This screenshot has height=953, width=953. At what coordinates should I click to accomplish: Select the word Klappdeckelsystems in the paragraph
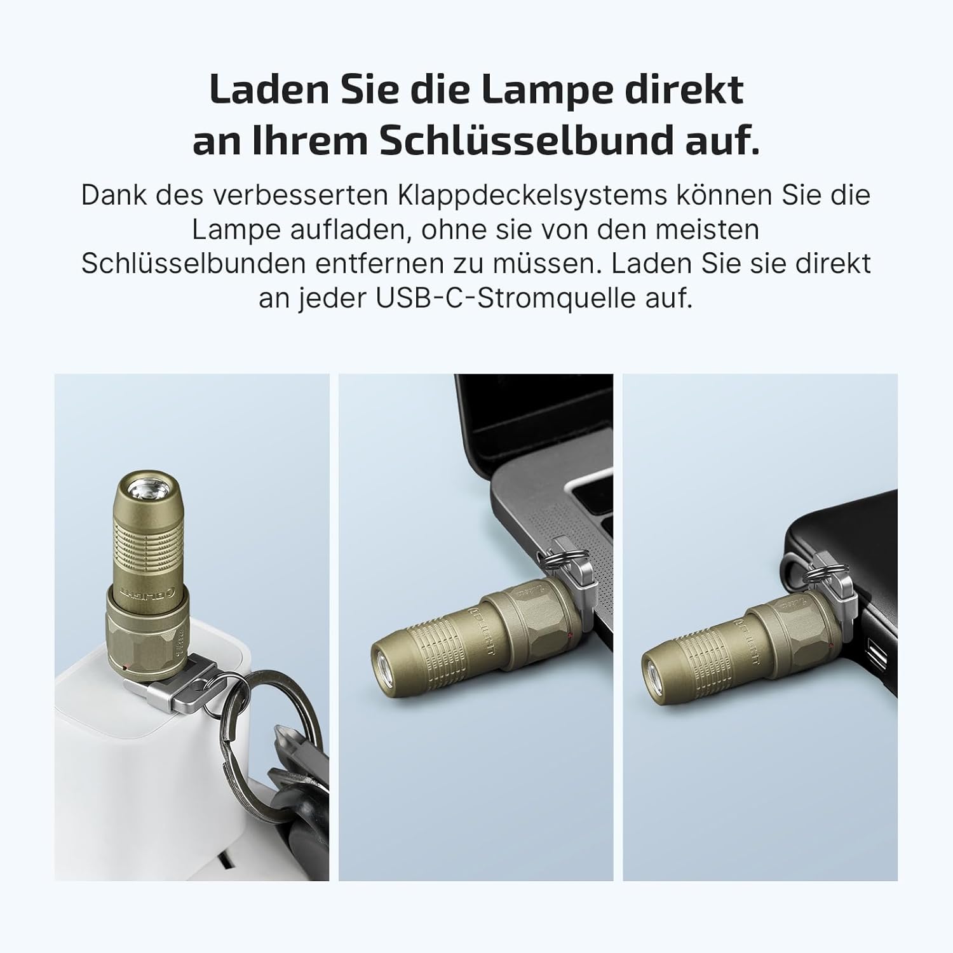click(x=533, y=196)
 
